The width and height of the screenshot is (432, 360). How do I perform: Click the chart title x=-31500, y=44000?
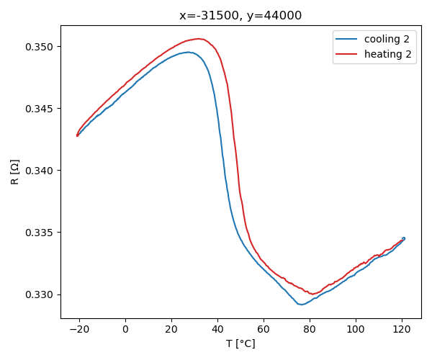[x=240, y=15]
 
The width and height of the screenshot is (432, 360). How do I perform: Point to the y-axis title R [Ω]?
[x=15, y=171]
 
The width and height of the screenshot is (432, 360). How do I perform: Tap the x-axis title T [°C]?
[x=240, y=343]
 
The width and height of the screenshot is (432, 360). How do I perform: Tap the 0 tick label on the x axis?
[x=125, y=329]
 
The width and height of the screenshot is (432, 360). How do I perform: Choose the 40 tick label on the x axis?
[x=217, y=329]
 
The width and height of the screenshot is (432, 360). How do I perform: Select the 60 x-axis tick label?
[x=264, y=329]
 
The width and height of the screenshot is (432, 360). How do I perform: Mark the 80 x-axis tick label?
[x=310, y=329]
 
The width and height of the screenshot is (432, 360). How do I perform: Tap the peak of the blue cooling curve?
[x=187, y=52]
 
